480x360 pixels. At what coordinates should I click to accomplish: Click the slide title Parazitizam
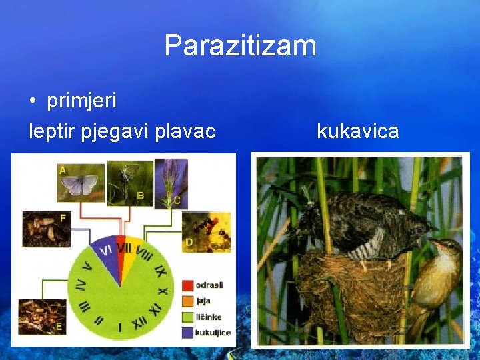[240, 46]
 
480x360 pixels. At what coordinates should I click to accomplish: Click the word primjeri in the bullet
[81, 101]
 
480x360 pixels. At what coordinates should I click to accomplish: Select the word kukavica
[358, 131]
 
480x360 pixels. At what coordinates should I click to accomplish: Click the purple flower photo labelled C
[171, 181]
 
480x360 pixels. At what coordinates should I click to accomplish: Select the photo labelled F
[46, 229]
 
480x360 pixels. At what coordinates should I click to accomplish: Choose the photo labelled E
[41, 317]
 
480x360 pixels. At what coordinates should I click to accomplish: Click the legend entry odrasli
[209, 285]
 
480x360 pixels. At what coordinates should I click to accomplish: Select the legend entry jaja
[203, 301]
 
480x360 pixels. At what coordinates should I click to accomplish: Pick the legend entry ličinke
[208, 317]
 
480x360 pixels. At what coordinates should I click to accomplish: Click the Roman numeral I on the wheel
[119, 327]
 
